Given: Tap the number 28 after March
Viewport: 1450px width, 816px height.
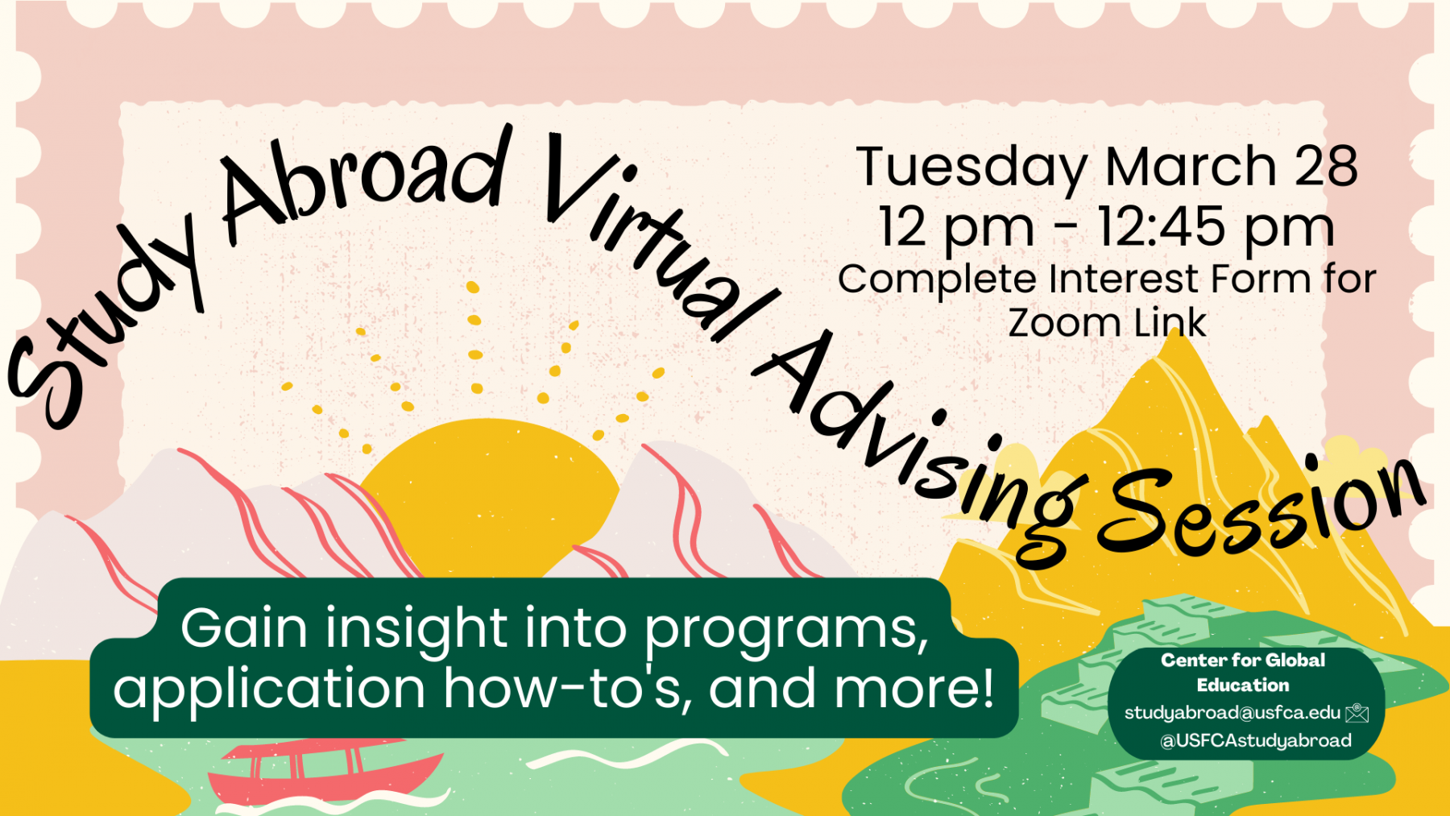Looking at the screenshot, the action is (1326, 166).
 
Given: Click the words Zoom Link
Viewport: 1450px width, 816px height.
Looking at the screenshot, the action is (1107, 323).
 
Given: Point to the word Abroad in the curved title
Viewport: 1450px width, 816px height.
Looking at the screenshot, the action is (367, 182).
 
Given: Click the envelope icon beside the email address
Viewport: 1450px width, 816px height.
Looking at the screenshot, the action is (1357, 712).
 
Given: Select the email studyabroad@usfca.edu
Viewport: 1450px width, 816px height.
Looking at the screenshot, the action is (1232, 713).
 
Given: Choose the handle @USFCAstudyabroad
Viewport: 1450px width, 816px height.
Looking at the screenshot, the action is (1255, 740).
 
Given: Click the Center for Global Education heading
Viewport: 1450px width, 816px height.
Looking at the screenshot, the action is (1243, 673).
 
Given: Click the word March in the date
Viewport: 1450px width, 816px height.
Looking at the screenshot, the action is (1191, 167).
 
